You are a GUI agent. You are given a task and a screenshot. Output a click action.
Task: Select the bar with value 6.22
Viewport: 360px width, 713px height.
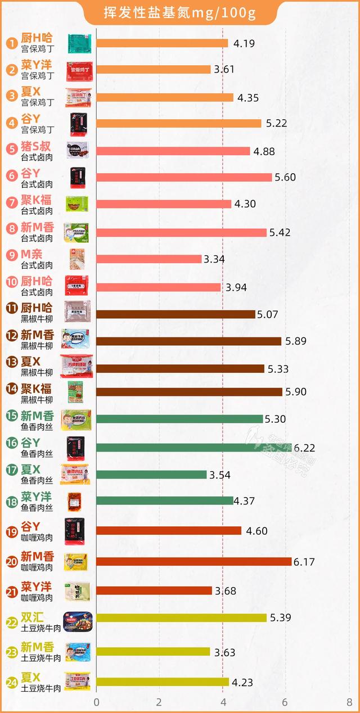(x=193, y=448)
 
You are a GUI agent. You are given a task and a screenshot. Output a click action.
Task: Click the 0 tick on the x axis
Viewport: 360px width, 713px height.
(x=96, y=702)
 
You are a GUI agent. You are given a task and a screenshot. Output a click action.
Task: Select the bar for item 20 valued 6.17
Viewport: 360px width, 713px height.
(x=193, y=562)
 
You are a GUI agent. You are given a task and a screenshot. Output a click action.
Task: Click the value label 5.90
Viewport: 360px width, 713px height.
(x=295, y=392)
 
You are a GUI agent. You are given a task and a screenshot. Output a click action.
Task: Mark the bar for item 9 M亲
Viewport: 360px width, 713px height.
(x=148, y=259)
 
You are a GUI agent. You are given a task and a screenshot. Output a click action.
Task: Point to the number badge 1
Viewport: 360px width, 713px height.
(x=11, y=43)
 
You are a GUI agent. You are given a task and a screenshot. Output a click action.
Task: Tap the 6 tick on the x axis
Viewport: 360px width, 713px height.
(x=286, y=702)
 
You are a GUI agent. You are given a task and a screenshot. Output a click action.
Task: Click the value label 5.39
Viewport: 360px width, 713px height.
(x=280, y=617)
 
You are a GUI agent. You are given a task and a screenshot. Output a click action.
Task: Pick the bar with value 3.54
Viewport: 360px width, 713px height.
(x=151, y=475)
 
